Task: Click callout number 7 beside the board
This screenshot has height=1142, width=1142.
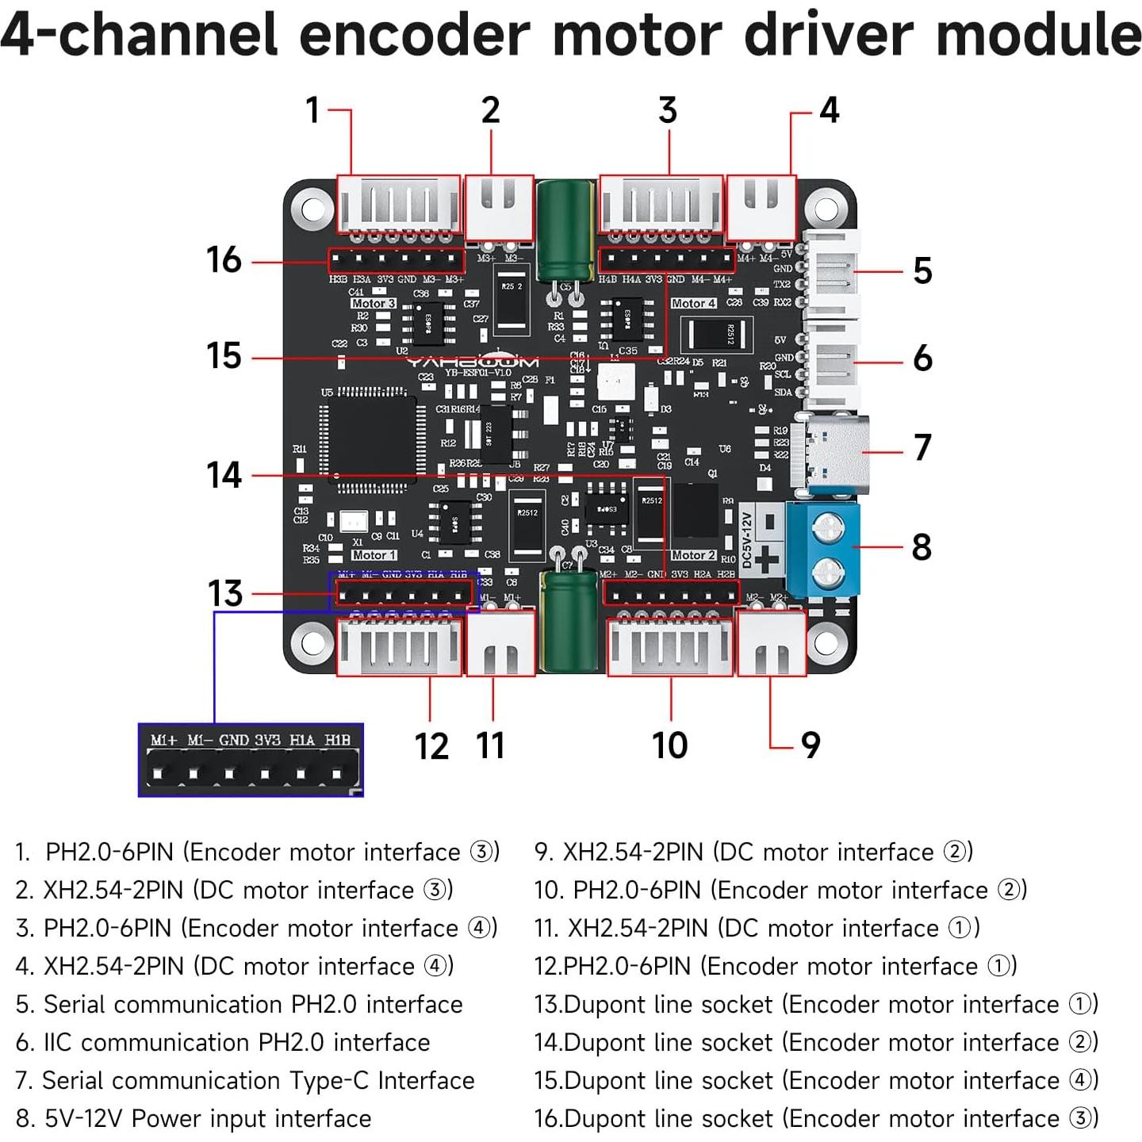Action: (x=922, y=447)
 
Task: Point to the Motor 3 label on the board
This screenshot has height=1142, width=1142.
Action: (x=373, y=304)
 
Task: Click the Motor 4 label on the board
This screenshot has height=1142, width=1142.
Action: (x=693, y=304)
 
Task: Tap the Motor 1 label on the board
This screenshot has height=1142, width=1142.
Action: (x=374, y=555)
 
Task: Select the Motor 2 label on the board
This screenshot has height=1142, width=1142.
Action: (x=693, y=555)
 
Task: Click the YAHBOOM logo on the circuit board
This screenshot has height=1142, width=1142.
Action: (x=473, y=362)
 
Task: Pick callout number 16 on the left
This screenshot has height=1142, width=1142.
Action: (x=224, y=260)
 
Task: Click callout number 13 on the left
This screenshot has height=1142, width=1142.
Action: (x=224, y=593)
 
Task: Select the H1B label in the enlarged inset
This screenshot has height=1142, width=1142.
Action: (x=337, y=740)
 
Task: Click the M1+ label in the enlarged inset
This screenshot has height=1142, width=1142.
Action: (x=163, y=740)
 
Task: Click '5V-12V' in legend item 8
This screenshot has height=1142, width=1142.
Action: (x=83, y=1118)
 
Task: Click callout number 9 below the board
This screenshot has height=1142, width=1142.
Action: (x=810, y=745)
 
